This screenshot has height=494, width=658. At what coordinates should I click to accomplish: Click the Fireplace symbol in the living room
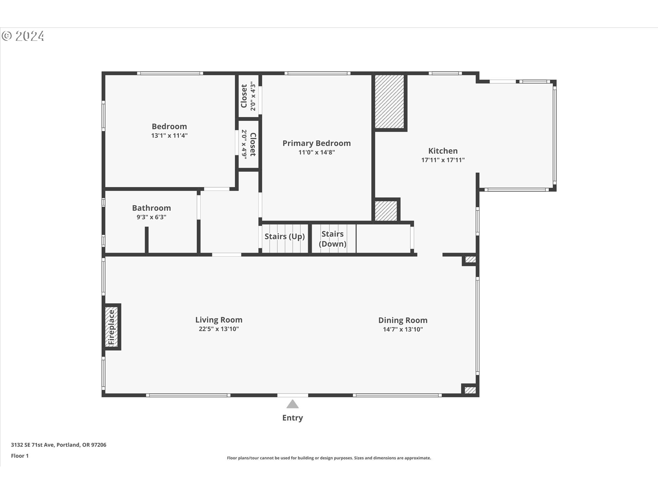point(111,327)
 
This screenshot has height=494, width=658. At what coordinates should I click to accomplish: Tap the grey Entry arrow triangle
point(292,404)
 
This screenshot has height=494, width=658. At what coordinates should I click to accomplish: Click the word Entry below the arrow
point(292,418)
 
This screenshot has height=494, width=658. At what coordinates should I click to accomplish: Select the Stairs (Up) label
point(284,236)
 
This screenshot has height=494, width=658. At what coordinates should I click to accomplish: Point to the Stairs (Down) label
point(332,239)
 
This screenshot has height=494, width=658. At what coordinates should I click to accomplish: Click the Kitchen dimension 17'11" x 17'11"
point(443,160)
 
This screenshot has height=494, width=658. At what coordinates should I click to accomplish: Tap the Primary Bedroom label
point(316,143)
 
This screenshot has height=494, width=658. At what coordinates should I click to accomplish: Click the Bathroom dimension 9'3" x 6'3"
point(151,217)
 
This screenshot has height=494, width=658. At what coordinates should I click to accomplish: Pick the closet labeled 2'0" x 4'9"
point(248,144)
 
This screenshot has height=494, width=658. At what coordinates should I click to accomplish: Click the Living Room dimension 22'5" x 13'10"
point(219,329)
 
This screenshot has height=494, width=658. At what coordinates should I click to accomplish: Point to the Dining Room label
point(403,320)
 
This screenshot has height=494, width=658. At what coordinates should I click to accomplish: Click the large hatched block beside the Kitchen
point(389,102)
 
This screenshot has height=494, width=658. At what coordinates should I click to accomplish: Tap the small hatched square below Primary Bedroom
point(386,211)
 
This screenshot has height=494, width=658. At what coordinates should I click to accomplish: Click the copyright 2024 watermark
point(23,36)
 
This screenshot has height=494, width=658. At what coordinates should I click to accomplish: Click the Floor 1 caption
point(20,456)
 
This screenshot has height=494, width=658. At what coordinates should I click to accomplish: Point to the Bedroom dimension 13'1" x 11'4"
point(169,136)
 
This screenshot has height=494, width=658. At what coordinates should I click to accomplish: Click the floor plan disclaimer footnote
point(329,458)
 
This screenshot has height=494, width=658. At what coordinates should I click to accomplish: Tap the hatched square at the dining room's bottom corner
point(470,390)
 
